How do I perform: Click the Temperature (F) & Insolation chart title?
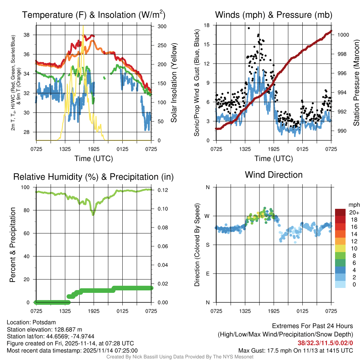point(94,15)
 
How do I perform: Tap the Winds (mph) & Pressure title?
point(274,15)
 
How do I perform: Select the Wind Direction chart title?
point(274,175)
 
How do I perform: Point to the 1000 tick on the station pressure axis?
point(342,35)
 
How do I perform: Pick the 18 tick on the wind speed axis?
point(207,25)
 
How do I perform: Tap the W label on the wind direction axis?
point(207,216)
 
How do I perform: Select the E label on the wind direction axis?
point(207,274)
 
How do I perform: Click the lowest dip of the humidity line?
point(93,214)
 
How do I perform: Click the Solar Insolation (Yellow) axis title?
point(173,83)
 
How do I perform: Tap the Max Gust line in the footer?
point(295,351)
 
